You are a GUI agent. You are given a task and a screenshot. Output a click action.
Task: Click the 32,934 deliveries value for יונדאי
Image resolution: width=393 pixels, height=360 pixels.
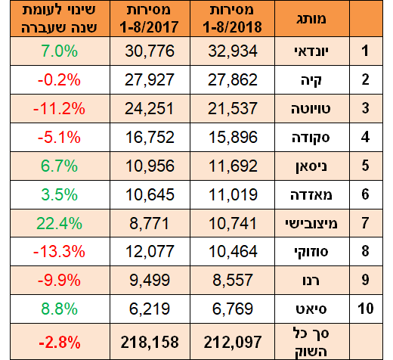233,51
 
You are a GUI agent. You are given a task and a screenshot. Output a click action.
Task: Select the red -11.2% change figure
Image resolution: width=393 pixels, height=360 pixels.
59,109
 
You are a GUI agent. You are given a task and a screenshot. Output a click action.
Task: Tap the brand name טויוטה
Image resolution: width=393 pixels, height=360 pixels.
311,109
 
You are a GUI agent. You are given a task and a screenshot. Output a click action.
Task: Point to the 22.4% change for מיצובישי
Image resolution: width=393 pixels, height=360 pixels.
59,223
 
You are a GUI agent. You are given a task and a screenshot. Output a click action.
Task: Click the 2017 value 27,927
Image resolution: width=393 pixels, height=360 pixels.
150,80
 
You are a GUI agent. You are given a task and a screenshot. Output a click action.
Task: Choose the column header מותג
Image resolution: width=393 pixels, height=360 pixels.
311,19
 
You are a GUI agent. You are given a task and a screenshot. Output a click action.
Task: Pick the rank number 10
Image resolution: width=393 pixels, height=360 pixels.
366,309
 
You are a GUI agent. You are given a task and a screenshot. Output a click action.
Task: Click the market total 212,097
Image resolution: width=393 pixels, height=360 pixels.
233,343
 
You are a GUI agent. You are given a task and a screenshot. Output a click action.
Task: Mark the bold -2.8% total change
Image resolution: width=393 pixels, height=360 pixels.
60,343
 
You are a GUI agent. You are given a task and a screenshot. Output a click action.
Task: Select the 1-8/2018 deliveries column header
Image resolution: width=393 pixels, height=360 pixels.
232,19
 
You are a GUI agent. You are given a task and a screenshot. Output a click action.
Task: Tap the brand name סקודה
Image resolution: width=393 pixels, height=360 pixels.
311,138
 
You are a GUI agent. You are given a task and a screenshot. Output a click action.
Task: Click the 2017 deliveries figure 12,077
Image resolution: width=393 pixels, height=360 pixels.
150,252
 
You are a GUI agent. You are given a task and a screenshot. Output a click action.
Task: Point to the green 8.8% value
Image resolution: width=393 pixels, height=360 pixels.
59,309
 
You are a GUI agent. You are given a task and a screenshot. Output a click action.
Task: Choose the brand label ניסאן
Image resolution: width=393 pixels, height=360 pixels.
311,166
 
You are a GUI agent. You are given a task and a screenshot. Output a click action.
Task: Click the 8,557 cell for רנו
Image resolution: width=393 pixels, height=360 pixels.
233,280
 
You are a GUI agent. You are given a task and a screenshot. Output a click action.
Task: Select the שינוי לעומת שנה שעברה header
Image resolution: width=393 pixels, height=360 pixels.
59,19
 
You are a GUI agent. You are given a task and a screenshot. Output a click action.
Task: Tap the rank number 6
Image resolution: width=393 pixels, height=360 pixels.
365,194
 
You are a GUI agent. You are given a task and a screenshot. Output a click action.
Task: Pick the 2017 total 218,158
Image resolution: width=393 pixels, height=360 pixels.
150,343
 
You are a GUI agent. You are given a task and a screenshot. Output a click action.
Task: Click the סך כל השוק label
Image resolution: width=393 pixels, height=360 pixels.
311,342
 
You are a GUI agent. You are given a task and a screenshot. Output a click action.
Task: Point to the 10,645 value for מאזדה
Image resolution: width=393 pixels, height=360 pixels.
150,195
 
